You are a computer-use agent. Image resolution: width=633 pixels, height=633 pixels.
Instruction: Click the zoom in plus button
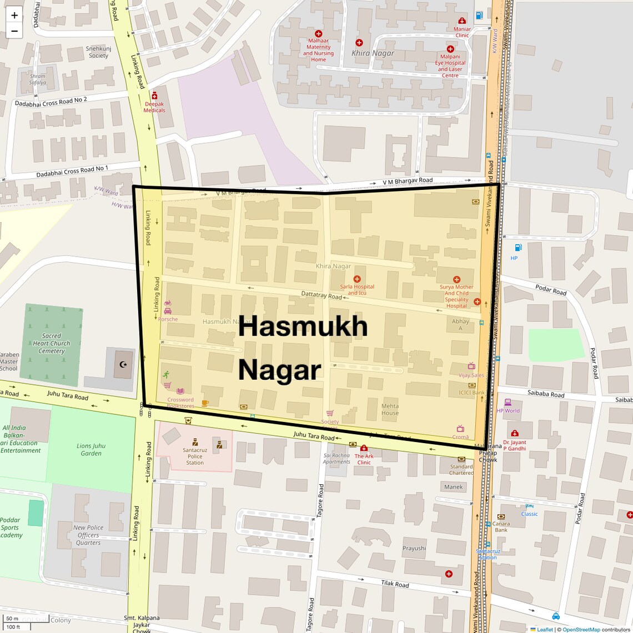(14, 16)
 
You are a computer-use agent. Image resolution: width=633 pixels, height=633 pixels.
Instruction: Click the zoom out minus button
(14, 31)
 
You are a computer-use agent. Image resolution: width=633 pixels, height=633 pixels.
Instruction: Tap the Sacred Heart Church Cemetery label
(52, 343)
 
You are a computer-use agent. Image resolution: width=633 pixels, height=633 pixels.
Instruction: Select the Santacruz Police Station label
(195, 456)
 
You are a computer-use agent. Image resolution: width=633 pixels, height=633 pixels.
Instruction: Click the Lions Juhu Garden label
(91, 450)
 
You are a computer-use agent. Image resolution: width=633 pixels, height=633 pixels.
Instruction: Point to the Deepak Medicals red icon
(154, 96)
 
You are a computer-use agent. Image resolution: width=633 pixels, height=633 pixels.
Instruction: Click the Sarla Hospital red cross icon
(356, 279)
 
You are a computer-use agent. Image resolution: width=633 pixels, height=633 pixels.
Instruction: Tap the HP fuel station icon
(518, 248)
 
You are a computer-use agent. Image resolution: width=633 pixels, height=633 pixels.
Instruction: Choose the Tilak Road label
(395, 584)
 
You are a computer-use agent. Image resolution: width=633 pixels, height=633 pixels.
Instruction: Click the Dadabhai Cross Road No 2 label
(51, 102)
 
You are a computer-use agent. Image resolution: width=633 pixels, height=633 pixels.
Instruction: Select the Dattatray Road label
(321, 295)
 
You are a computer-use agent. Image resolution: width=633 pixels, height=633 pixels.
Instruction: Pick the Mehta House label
(390, 409)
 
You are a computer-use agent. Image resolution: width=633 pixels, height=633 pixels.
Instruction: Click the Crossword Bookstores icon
(180, 391)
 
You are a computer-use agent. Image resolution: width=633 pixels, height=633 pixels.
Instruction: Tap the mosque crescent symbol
(123, 365)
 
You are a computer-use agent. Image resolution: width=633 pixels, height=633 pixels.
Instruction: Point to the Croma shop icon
(460, 428)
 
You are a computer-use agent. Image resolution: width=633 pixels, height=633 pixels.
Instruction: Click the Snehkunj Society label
(98, 52)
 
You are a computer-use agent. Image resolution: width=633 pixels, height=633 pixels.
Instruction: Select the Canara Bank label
(501, 526)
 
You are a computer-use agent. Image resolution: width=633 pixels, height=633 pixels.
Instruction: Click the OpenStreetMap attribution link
(581, 630)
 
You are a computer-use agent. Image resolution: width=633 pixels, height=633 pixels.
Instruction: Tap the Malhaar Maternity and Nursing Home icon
(318, 34)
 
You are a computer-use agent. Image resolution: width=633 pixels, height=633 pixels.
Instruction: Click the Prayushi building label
(414, 548)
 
